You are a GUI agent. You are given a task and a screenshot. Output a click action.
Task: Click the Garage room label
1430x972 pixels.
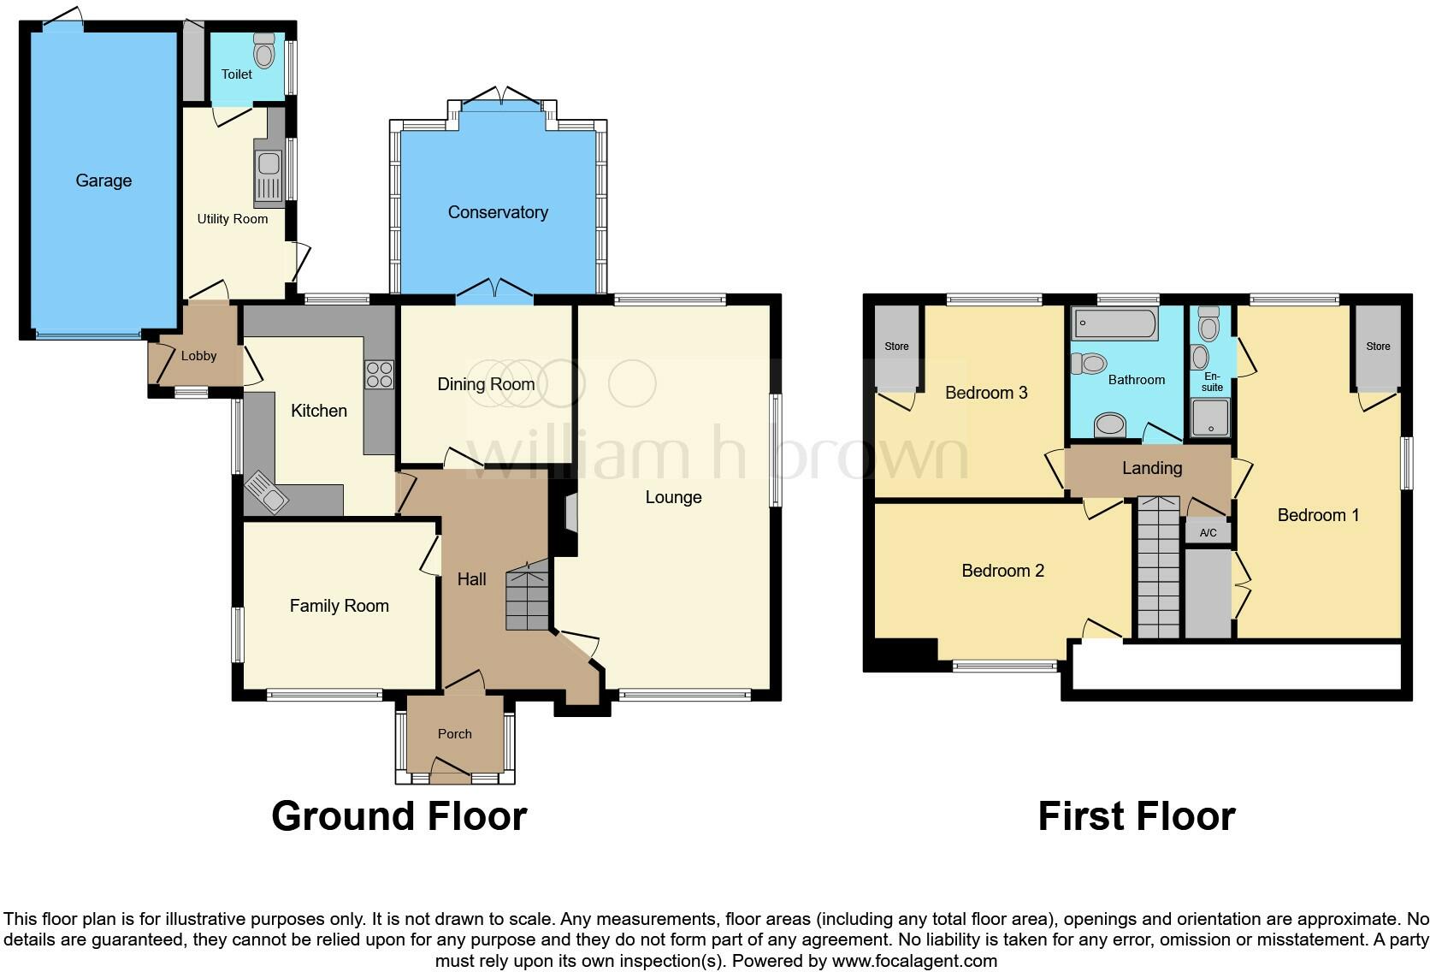[x=103, y=181]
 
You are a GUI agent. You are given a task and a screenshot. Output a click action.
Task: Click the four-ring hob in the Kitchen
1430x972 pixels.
[x=380, y=374]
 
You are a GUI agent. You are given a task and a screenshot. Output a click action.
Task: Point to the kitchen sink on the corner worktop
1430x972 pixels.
[x=267, y=493]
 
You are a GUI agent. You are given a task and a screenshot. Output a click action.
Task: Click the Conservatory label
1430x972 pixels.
[x=498, y=212]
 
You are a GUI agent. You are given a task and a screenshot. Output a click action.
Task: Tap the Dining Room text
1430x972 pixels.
[x=486, y=384]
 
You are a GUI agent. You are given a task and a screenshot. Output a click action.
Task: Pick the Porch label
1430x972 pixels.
[x=454, y=733]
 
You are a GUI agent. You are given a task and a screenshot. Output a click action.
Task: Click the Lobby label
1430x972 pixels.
[x=198, y=356]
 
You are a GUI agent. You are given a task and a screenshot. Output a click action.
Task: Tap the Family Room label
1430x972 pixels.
[x=339, y=606]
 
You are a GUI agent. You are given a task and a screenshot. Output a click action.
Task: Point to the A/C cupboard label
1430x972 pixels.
[x=1208, y=533]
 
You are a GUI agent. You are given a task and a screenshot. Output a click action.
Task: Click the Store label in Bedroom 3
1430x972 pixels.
[x=896, y=347]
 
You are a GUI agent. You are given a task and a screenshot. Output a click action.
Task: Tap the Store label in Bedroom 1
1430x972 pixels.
[x=1378, y=347]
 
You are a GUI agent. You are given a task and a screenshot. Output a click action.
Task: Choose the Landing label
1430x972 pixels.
[x=1152, y=468]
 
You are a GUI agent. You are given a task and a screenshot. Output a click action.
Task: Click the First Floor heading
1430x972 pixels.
[x=1136, y=816]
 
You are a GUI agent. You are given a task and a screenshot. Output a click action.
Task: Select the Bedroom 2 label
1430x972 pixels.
[x=1002, y=571]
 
